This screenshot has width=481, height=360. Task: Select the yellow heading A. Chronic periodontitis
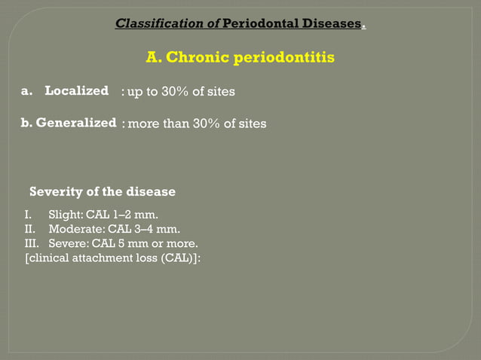pos(240,57)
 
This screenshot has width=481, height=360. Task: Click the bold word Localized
pos(76,91)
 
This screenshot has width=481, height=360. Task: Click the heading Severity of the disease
pos(102,191)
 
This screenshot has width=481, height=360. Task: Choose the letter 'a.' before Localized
pos(27,91)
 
